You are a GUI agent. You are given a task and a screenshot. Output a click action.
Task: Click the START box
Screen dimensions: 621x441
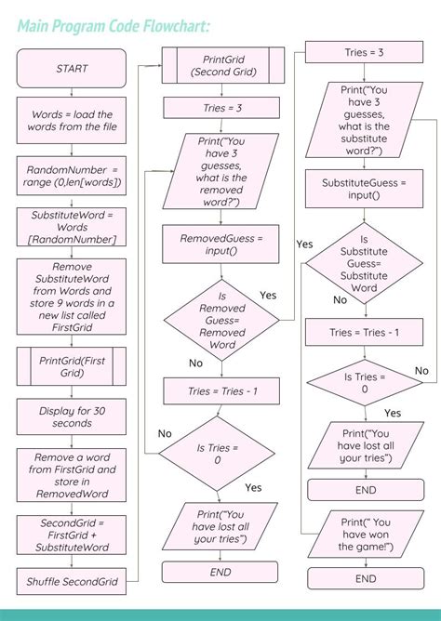[x=72, y=68]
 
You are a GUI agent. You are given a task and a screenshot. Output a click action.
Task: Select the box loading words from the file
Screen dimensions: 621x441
[x=72, y=120]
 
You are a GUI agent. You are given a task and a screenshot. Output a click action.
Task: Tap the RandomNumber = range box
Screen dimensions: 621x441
[x=72, y=176]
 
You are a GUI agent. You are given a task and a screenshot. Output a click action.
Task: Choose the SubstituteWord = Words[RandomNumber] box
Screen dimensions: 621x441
[x=72, y=227]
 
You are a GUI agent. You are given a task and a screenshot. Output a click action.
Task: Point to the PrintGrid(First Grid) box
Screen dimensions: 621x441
[x=72, y=365]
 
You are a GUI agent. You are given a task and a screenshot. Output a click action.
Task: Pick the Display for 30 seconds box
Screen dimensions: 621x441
[x=72, y=416]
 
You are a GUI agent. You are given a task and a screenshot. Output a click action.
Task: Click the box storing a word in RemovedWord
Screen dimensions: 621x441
[x=72, y=475]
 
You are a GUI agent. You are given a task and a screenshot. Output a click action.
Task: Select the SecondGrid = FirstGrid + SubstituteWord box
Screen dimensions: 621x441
[x=72, y=535]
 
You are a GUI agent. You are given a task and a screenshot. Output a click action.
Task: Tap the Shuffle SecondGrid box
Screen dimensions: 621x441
[x=72, y=581]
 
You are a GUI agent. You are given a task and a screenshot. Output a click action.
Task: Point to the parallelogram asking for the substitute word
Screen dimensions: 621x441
[x=365, y=120]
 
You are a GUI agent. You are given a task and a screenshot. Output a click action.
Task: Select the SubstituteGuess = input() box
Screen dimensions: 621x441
[x=365, y=190]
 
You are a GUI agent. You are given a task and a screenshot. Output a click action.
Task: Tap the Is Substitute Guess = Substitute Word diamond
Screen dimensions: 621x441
[x=365, y=263]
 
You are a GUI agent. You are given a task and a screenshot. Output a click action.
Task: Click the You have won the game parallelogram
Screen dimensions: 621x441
[x=365, y=536]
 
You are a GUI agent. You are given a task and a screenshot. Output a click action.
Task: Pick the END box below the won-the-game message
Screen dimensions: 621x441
[x=366, y=579]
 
